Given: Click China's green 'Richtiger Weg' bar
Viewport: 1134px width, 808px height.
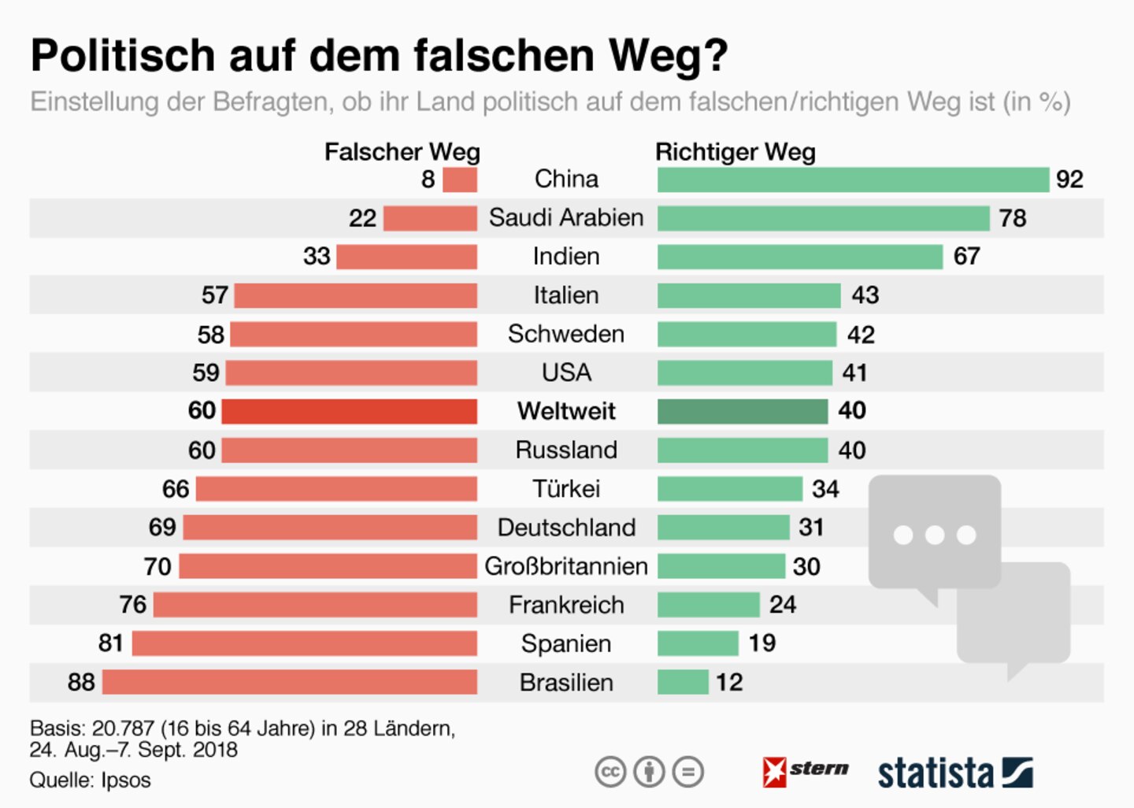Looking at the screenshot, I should pos(853,180).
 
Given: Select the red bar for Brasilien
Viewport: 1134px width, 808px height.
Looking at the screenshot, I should pos(290,682).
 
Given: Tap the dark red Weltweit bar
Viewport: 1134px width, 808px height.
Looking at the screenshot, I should pos(349,411).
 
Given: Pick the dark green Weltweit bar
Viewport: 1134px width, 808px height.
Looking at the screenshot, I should pos(743,411).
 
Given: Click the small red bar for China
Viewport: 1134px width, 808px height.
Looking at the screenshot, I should pos(460,180).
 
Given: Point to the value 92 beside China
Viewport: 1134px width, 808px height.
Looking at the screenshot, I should pos(1069,180).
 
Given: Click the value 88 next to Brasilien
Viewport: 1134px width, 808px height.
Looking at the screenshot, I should pos(81,682).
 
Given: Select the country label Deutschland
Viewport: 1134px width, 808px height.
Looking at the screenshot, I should pos(566,528).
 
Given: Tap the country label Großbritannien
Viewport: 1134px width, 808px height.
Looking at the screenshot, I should pos(566,566).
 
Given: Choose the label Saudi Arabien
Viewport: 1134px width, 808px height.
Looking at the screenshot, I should pos(566,218).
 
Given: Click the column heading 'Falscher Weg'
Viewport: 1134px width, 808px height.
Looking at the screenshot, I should pos(402,152).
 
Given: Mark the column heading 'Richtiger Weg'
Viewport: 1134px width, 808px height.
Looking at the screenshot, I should pos(736,152).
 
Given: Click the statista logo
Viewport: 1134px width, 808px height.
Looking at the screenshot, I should pos(954,773).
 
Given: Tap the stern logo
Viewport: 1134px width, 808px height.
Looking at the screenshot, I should pos(806,771).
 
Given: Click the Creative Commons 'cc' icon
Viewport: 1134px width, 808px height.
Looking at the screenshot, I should pos(610,772).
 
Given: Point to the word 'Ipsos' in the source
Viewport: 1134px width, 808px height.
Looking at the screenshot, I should pos(126,780).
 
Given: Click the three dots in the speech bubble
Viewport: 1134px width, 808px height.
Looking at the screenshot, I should pos(935,536).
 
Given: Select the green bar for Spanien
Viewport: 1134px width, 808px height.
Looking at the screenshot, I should pos(698,643).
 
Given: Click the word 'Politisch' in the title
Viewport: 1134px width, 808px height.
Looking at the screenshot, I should pos(123,56).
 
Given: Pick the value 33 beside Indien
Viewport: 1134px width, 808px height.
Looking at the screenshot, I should pos(317,257).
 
